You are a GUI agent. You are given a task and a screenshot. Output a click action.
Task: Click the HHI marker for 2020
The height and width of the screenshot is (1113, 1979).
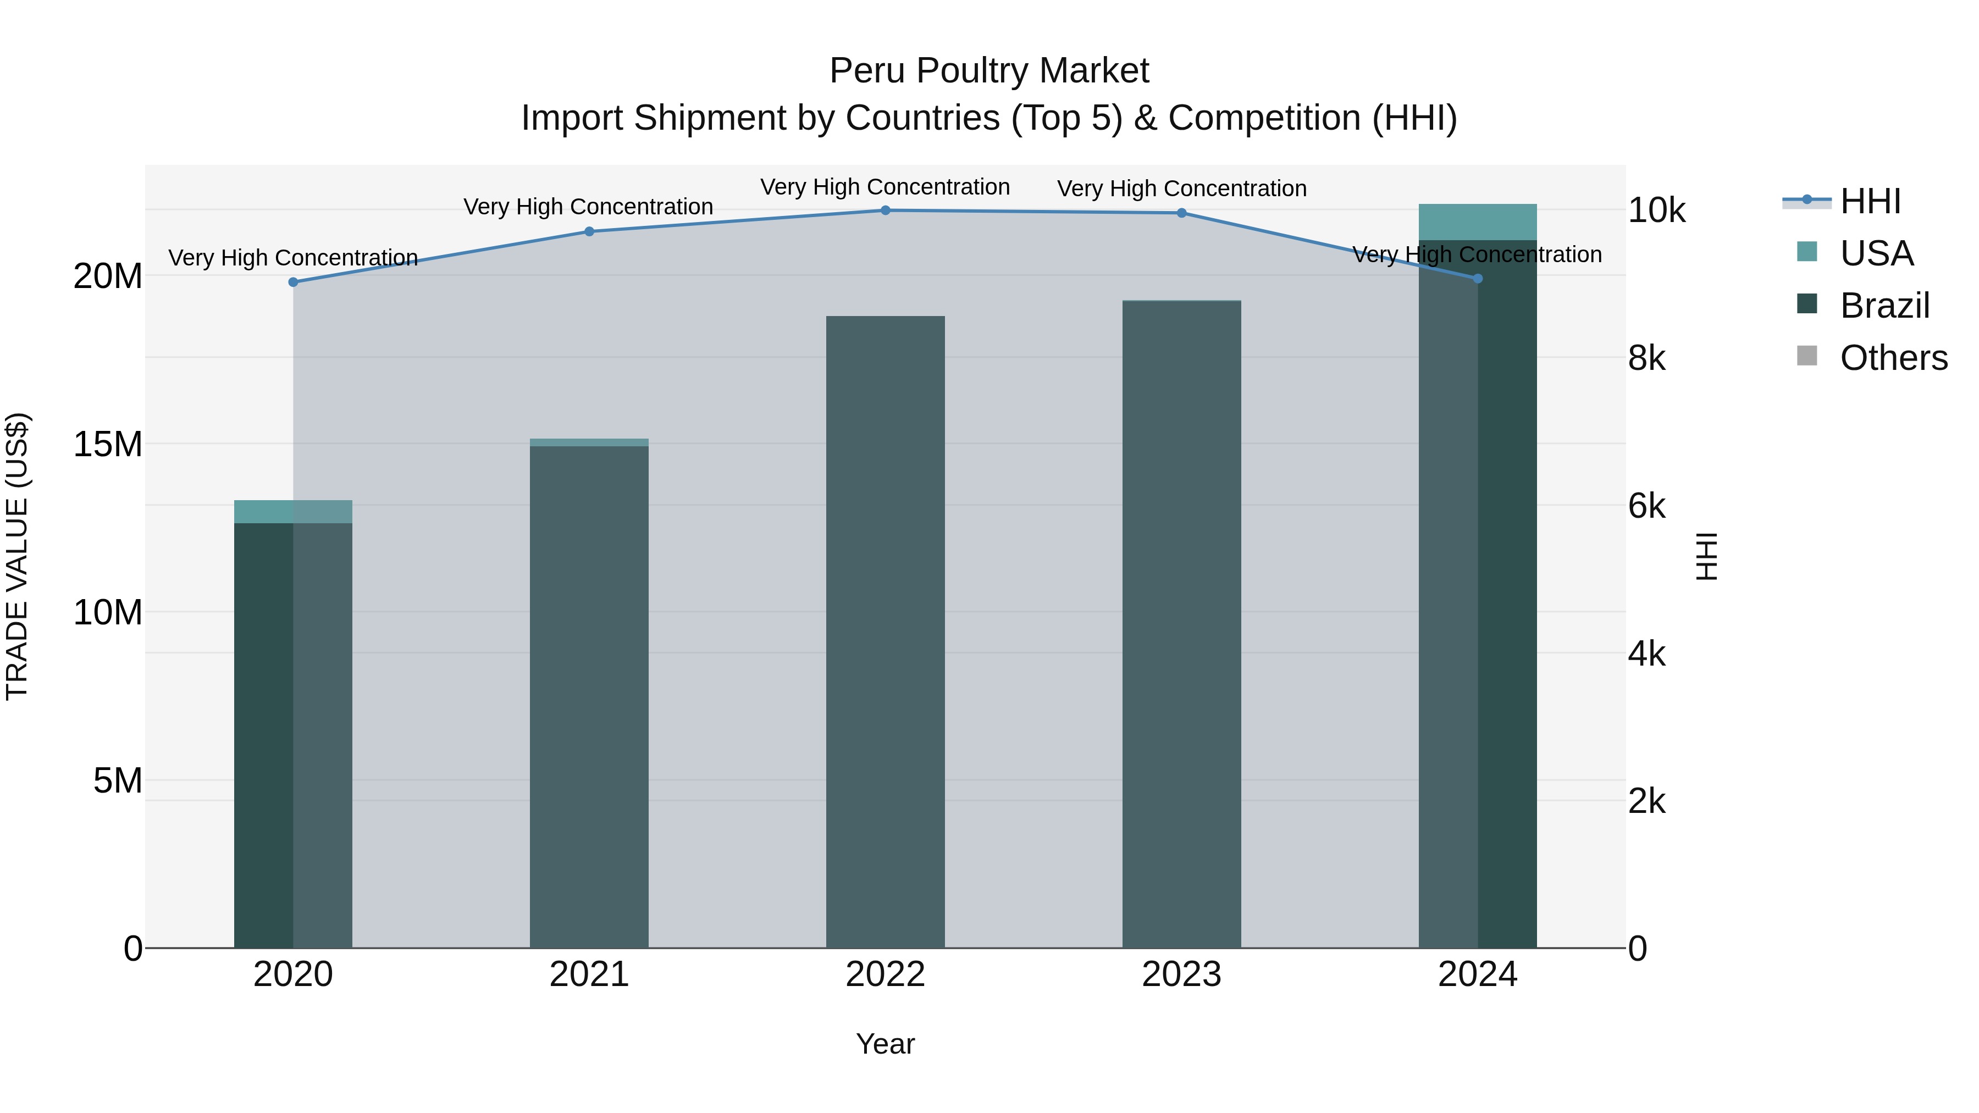(x=292, y=282)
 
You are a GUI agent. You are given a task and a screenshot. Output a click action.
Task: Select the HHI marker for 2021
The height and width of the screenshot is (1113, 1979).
(x=589, y=231)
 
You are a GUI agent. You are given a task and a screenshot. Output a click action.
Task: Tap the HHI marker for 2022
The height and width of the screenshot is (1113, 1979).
(x=885, y=211)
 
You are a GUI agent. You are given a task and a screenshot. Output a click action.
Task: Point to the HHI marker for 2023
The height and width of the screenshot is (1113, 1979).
(x=1181, y=213)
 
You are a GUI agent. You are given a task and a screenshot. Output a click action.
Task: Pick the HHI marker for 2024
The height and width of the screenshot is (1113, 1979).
(x=1477, y=279)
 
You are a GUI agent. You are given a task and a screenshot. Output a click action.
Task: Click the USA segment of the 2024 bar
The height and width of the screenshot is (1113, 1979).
(x=1477, y=222)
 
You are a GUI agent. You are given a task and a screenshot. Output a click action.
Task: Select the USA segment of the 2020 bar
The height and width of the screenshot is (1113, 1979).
(x=292, y=512)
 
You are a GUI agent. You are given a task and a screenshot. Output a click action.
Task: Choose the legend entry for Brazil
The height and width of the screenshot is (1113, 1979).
(x=1884, y=306)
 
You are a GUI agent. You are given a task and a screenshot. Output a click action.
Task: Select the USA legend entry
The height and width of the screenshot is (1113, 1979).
(x=1876, y=253)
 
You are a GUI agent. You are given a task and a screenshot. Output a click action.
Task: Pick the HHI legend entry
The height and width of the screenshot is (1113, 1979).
(x=1870, y=201)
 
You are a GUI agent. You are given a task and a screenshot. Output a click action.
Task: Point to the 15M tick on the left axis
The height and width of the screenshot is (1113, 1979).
(x=108, y=444)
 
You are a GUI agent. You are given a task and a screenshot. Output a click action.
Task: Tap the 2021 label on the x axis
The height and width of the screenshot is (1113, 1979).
(x=589, y=974)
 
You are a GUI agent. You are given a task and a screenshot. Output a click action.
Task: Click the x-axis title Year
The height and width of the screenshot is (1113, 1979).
(x=885, y=1044)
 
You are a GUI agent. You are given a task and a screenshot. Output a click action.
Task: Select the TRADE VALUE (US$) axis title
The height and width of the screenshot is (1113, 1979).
(x=17, y=556)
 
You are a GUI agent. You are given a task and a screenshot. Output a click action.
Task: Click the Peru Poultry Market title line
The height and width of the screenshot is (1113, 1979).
(x=989, y=71)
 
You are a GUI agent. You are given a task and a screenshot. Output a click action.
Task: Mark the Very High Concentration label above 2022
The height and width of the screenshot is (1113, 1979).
(x=885, y=187)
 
